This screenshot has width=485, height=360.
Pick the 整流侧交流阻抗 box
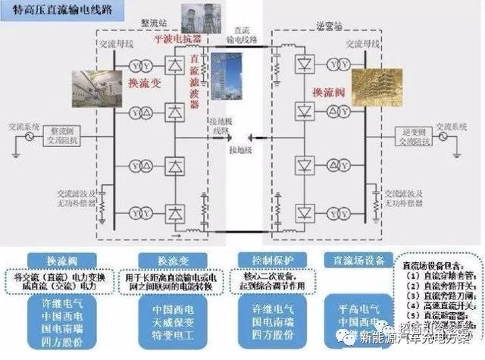[58, 133]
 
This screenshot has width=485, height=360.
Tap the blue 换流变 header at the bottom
[168, 259]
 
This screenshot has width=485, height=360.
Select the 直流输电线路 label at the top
[241, 32]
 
